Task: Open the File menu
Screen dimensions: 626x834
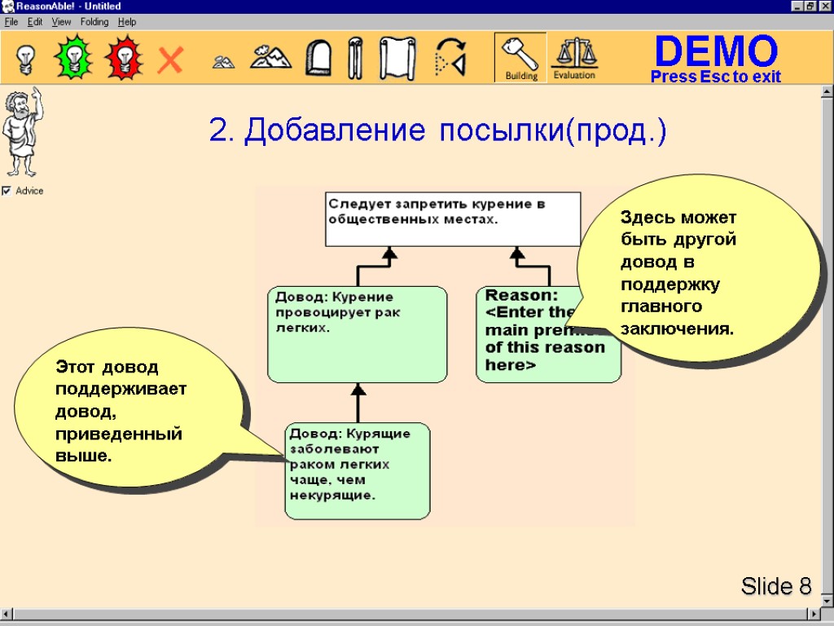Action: pos(11,22)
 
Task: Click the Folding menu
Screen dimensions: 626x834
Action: pos(94,22)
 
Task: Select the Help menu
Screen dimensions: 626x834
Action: pos(127,22)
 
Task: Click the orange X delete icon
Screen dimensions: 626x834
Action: pos(169,60)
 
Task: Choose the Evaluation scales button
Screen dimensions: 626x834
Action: pos(574,58)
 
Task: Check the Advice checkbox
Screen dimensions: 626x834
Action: pos(7,191)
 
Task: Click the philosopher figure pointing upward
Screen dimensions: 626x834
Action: pos(20,134)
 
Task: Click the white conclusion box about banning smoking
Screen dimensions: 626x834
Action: pos(453,218)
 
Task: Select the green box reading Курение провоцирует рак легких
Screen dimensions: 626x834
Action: pos(357,333)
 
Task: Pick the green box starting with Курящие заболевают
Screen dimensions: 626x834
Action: pos(357,470)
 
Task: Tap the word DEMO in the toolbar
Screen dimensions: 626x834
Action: pos(716,51)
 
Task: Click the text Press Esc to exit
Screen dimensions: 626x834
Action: pos(715,77)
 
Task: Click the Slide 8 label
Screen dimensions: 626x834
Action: pos(776,586)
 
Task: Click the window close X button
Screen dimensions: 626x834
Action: pos(825,7)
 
